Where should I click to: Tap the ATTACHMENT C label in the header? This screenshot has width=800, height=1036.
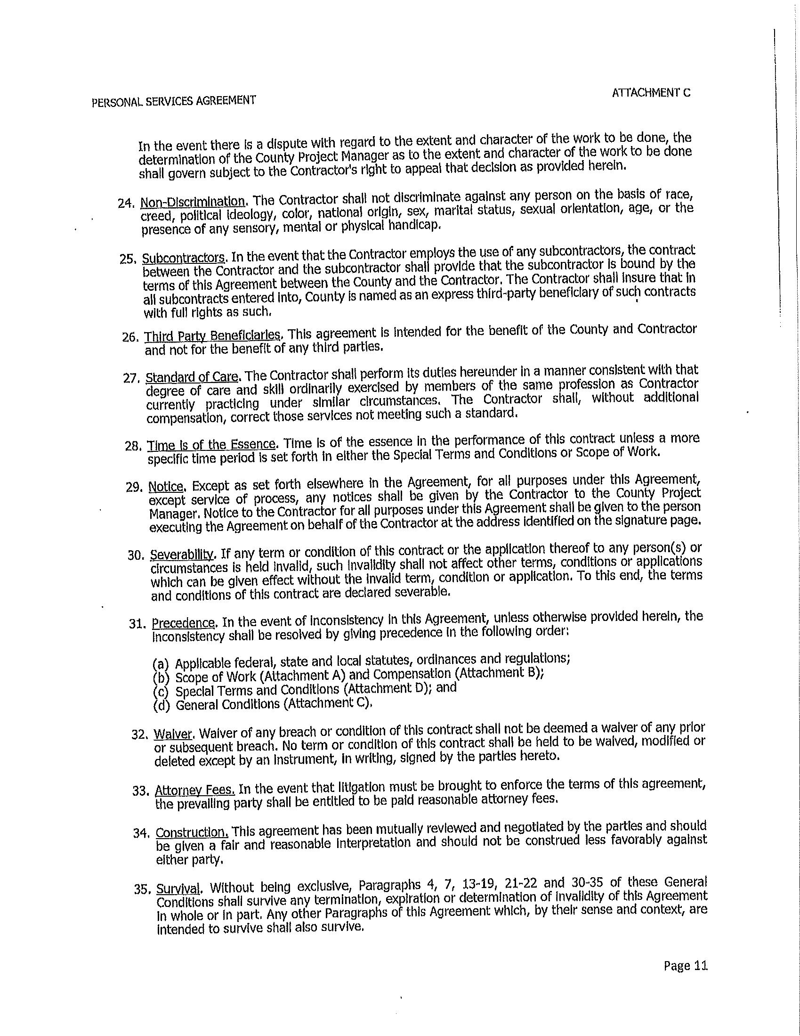651,93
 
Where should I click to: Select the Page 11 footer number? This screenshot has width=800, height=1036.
686,966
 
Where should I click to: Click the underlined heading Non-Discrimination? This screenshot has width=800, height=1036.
193,202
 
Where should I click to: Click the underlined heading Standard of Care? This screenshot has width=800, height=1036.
192,377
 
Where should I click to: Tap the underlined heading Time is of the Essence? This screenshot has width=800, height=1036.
211,445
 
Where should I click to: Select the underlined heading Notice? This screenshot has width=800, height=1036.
166,487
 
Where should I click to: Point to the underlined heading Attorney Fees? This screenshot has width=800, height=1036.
195,790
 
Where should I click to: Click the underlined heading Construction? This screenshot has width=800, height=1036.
193,832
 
